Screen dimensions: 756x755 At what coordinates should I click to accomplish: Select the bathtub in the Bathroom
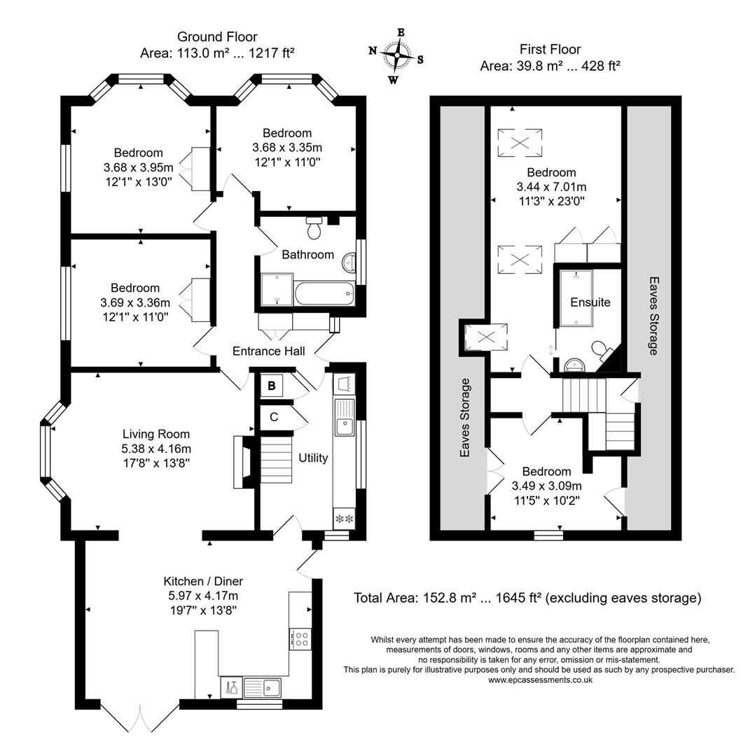pos(324,293)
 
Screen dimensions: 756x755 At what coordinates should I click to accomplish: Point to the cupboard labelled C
pos(274,417)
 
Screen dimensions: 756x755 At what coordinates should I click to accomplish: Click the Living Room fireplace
pos(242,462)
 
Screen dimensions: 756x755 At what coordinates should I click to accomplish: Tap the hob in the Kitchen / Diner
pos(300,638)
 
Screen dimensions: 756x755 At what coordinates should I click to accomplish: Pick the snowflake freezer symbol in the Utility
pos(345,519)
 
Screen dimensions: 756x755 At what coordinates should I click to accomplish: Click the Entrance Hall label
pos(268,351)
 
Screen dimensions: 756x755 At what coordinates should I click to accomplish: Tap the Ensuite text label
pos(590,302)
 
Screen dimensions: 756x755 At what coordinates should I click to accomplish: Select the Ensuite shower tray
pos(576,298)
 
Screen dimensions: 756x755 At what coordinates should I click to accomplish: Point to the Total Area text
pos(527,598)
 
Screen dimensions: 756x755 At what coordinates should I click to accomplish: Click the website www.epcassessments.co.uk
pos(540,680)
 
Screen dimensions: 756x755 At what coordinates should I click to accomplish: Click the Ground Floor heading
pos(217,36)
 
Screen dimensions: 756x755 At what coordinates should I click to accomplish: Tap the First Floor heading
pos(550,49)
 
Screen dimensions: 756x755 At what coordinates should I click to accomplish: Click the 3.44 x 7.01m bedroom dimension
pos(551,187)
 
